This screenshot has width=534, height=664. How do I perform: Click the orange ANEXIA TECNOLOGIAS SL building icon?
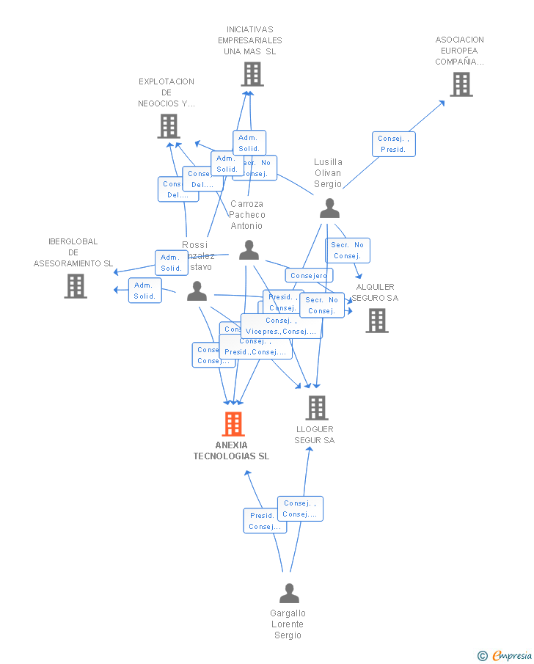click(x=233, y=424)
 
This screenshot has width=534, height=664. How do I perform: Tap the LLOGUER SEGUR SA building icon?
click(x=316, y=408)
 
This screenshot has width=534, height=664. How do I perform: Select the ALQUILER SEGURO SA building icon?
click(x=377, y=321)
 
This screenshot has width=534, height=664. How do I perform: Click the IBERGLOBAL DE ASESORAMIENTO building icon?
click(x=76, y=286)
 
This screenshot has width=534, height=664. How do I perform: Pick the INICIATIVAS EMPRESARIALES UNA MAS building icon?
click(x=252, y=74)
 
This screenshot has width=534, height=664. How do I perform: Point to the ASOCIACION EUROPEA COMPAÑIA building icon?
click(x=461, y=84)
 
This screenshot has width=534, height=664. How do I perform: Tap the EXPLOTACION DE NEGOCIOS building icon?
click(x=169, y=126)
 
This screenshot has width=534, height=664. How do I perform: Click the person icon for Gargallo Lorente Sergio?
click(x=289, y=593)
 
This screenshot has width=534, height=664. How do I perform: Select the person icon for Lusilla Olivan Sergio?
click(x=329, y=209)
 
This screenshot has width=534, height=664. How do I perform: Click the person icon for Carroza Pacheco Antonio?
click(x=249, y=250)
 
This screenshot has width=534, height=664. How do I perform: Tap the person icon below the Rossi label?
click(x=197, y=292)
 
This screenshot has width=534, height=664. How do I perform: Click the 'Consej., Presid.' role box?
click(x=394, y=144)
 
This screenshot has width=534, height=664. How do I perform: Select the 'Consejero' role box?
click(x=309, y=276)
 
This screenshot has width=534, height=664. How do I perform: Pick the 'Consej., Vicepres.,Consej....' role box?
click(x=282, y=326)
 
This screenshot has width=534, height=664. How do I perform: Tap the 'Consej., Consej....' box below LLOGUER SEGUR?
click(x=300, y=508)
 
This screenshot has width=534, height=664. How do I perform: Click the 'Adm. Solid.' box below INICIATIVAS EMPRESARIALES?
click(x=249, y=142)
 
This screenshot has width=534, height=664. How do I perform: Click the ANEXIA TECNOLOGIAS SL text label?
click(x=231, y=450)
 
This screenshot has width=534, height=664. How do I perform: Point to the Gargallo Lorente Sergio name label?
click(x=288, y=624)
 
